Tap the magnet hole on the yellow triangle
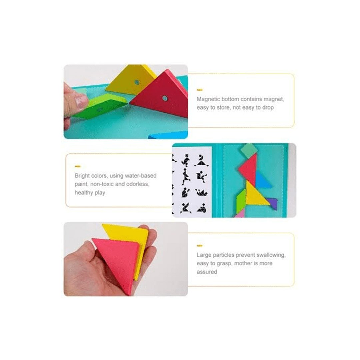coord(137,82)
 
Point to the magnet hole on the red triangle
coord(165,98)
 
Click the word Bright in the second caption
coord(82,176)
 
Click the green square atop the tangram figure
coord(249,150)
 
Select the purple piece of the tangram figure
coord(272,203)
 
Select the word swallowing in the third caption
coord(271,255)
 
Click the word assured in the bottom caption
coord(207,272)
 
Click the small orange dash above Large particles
coord(199,246)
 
